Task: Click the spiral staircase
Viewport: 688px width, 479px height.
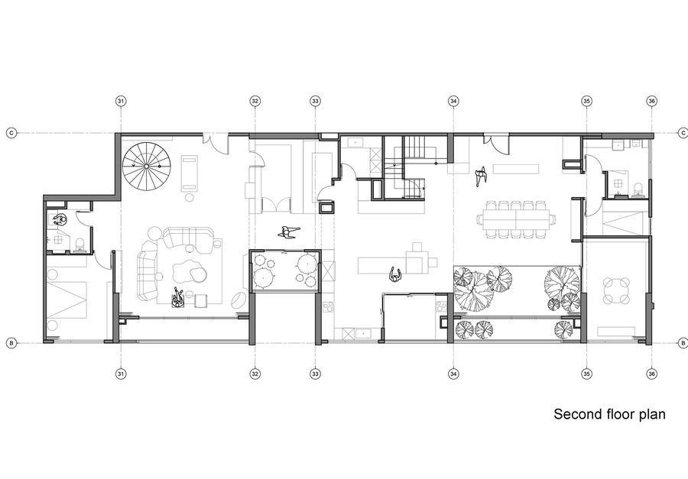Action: [x=147, y=166]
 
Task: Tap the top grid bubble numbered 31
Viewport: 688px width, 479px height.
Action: [x=121, y=102]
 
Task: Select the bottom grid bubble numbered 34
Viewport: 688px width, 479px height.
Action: [x=453, y=374]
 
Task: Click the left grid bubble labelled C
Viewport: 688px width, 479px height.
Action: [x=11, y=132]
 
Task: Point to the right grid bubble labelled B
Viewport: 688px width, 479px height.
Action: [x=683, y=342]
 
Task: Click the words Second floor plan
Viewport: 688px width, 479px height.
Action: [x=609, y=414]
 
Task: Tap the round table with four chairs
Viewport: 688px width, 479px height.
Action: [x=616, y=290]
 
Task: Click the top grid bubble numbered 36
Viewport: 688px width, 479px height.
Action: [x=651, y=102]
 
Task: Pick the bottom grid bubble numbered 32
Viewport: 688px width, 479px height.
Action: [x=255, y=374]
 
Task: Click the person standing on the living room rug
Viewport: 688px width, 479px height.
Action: [x=177, y=298]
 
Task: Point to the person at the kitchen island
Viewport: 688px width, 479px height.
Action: [x=396, y=275]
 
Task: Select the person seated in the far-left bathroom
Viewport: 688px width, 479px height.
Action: [x=59, y=219]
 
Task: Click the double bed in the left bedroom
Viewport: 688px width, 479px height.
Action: [x=67, y=299]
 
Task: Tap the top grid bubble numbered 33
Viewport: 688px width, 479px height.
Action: [x=315, y=102]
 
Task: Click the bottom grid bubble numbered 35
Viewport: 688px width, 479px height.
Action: [x=586, y=374]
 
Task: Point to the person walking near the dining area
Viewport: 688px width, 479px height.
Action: [x=481, y=176]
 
